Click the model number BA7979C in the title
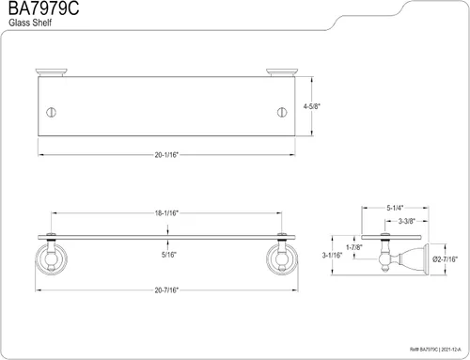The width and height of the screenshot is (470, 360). pos(43,8)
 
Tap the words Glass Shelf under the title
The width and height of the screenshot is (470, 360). pos(30,23)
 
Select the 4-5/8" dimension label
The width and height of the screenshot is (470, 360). pos(312,106)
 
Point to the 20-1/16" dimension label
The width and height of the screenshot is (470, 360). pos(166,155)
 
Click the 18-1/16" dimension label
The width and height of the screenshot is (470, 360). pos(166,213)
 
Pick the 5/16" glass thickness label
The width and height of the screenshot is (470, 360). pos(169,255)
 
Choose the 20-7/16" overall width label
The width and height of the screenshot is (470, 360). pos(166,290)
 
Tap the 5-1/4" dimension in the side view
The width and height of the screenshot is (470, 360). pos(395,208)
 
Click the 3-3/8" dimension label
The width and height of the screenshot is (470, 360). pos(407,221)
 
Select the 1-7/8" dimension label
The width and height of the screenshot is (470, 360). pos(354,247)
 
